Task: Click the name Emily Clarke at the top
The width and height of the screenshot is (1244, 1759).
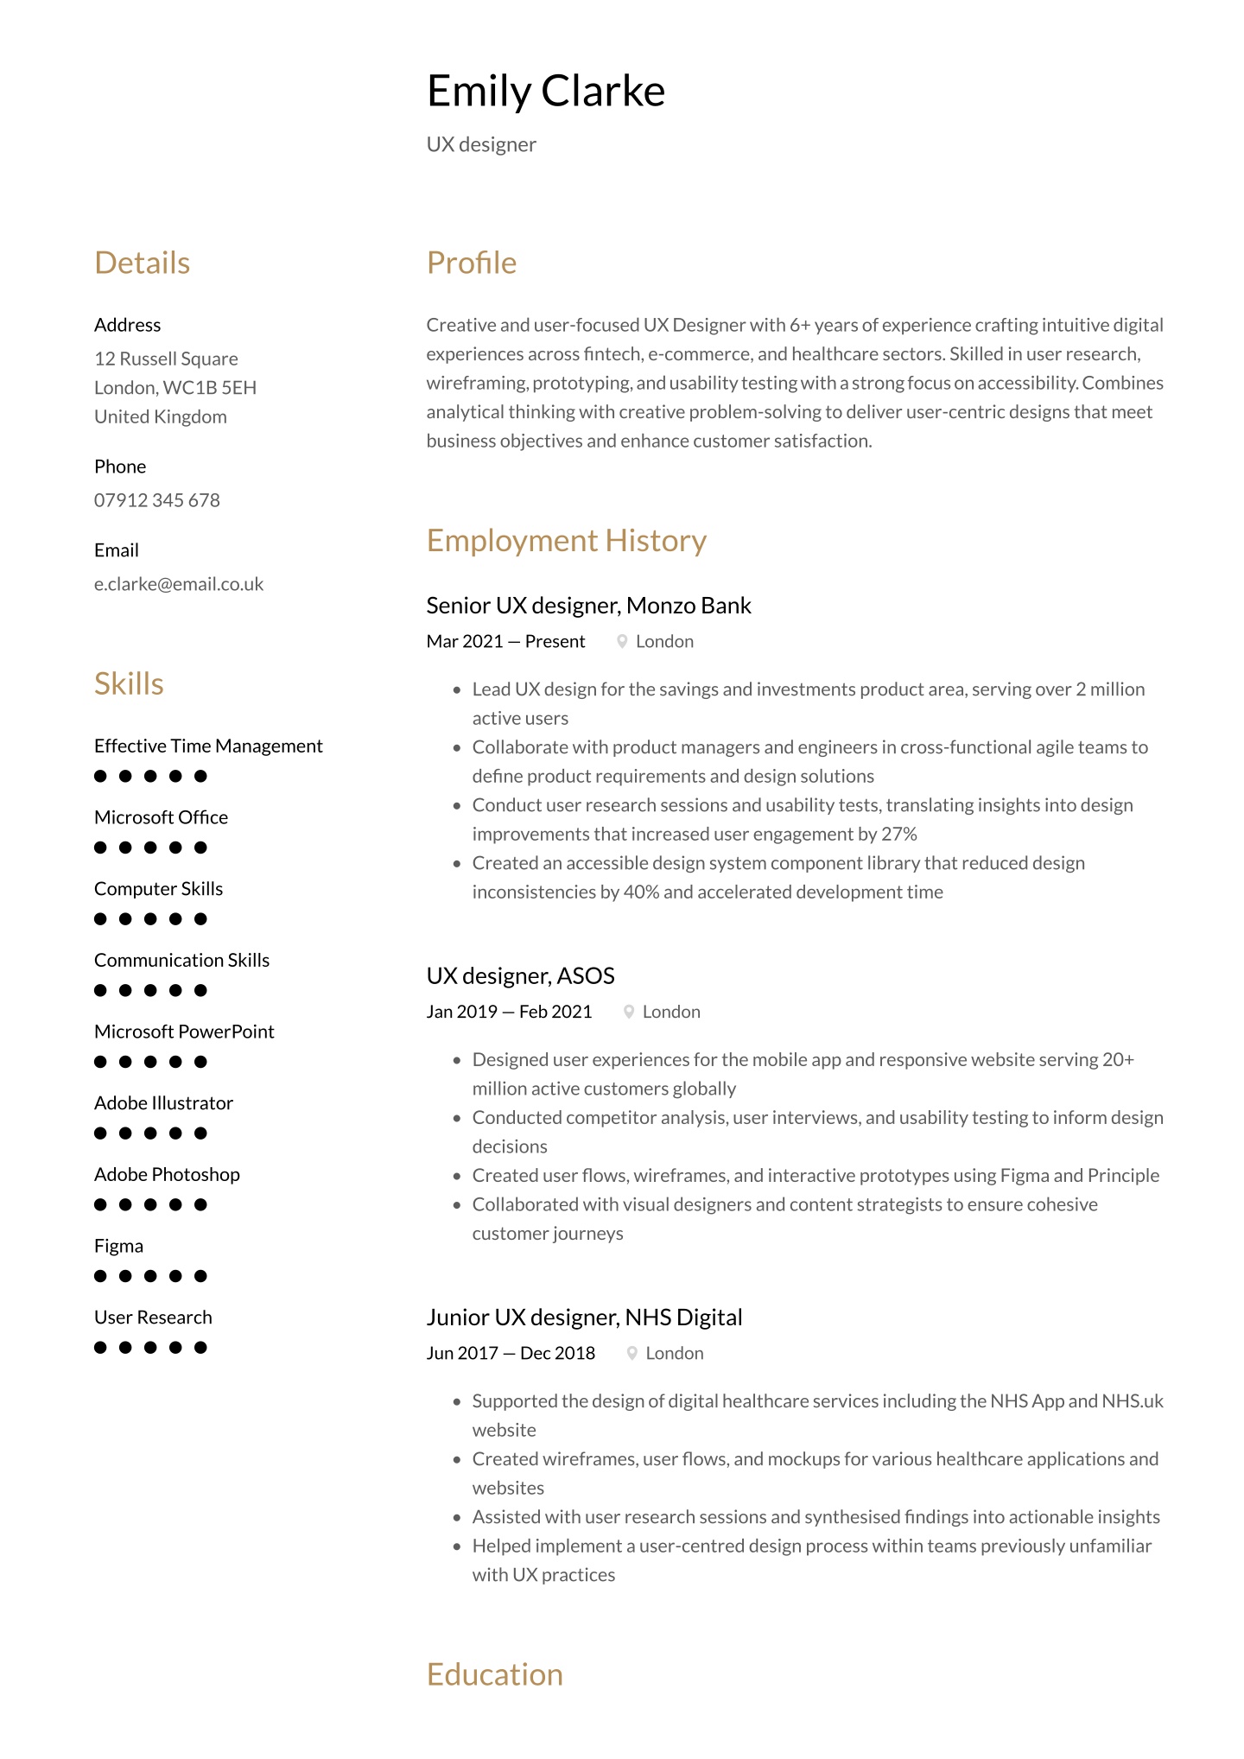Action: tap(545, 91)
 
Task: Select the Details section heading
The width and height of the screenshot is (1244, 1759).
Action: tap(142, 263)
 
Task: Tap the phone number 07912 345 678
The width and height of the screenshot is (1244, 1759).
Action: tap(156, 500)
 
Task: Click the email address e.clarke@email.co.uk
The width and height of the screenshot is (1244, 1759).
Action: tap(178, 584)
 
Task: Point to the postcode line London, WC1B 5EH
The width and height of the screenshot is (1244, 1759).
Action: tap(175, 388)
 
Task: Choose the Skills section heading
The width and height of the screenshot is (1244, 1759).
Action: tap(129, 683)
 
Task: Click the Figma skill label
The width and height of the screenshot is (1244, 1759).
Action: tap(118, 1246)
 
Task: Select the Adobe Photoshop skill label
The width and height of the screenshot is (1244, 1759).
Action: tap(167, 1174)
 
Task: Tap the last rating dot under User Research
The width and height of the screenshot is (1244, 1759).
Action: tap(200, 1347)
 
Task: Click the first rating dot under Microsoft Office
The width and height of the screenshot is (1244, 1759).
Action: tap(100, 848)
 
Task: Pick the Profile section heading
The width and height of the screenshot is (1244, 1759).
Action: tap(471, 263)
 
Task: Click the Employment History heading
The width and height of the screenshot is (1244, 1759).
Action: tap(566, 540)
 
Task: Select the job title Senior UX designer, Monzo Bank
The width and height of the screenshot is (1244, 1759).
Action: tap(588, 606)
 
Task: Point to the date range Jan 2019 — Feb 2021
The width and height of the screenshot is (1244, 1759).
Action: tap(509, 1012)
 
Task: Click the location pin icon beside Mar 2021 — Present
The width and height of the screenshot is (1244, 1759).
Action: tap(622, 641)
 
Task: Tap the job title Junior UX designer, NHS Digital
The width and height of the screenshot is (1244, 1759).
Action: tap(584, 1318)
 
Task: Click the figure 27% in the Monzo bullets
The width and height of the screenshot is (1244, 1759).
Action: tap(899, 834)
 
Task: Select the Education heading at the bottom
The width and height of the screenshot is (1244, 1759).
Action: tap(494, 1674)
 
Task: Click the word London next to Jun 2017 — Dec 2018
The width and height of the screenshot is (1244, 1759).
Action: tap(675, 1353)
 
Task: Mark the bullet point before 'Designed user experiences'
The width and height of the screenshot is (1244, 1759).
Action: tap(457, 1060)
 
